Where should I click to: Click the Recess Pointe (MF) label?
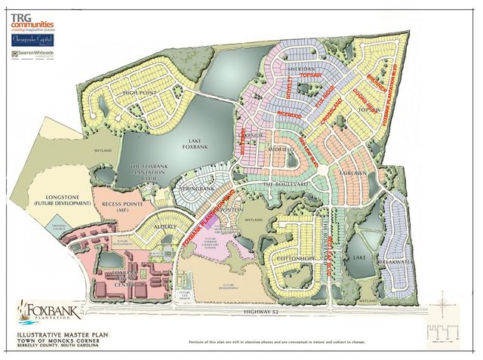point(122,206)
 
